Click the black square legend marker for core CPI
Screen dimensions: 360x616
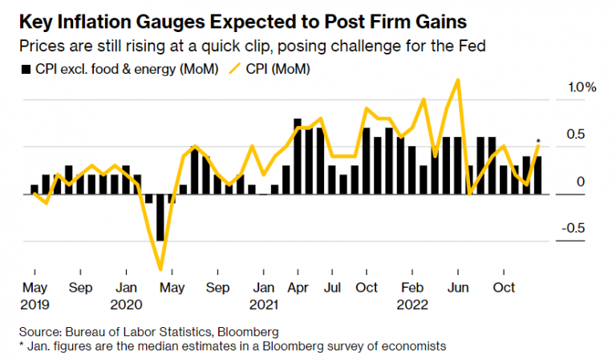25,70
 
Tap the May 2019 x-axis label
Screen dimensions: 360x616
34,295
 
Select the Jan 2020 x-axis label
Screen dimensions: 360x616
125,295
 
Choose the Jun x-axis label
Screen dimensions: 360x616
457,287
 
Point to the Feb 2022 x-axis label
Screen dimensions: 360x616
412,295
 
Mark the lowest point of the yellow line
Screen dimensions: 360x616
160,269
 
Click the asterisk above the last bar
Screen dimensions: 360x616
538,143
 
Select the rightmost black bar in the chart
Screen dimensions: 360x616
538,175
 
